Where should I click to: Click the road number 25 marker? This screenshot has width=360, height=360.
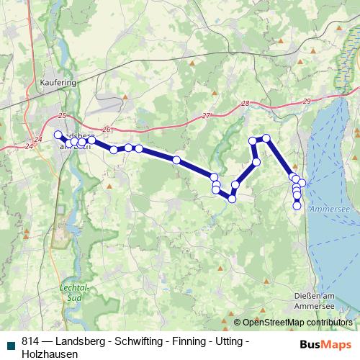click(62, 116)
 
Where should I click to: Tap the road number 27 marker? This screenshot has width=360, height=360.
click(207, 116)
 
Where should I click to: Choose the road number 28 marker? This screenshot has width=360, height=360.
click(246, 104)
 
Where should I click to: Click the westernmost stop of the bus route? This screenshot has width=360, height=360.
click(58, 135)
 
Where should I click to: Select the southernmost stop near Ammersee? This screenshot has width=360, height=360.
click(297, 206)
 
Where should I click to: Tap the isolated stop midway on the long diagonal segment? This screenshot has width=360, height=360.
click(176, 159)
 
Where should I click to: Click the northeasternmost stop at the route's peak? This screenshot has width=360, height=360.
click(266, 138)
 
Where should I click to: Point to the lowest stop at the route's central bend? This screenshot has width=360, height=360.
click(232, 199)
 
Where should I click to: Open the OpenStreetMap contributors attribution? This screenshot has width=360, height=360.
click(297, 323)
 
